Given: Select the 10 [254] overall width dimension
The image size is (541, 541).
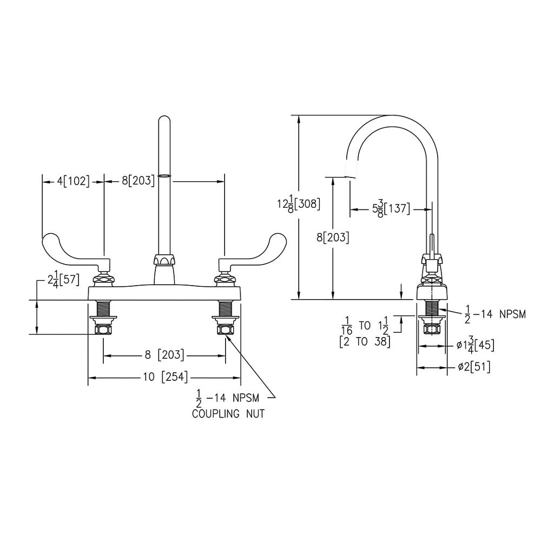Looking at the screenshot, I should (164, 377).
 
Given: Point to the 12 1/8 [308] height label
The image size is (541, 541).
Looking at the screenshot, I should (299, 204).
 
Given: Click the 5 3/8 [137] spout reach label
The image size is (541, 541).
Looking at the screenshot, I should (391, 208).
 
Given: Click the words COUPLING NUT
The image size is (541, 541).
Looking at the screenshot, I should (229, 414).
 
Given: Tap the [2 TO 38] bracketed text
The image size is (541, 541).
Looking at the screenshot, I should (365, 341).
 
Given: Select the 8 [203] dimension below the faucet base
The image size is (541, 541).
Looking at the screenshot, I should (164, 355).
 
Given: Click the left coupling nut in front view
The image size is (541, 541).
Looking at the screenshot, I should (103, 329).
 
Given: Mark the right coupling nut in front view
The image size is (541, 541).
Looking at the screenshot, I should (225, 329).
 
